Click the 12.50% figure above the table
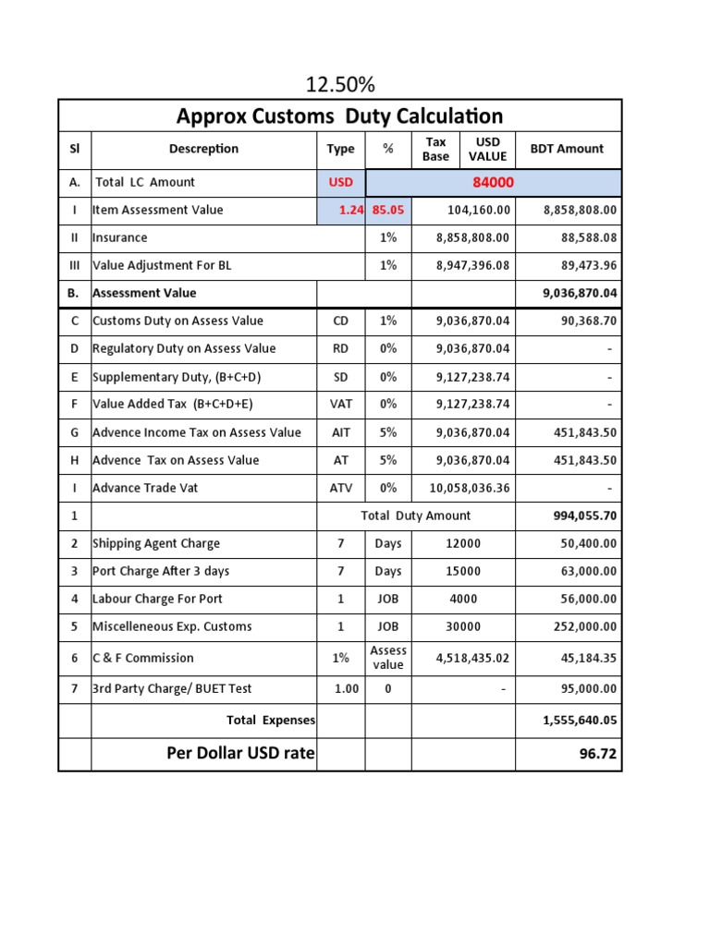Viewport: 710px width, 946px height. (340, 86)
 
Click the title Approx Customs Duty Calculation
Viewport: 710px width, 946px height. (340, 116)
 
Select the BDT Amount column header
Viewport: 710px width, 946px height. (567, 149)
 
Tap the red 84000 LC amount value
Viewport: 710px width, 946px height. (493, 183)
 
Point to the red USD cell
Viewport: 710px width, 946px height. (341, 183)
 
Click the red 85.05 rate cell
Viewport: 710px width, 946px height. (388, 211)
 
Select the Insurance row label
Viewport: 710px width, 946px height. (120, 238)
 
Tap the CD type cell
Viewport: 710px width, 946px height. (341, 321)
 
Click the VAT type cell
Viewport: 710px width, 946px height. (341, 405)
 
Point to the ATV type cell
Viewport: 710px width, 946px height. (341, 488)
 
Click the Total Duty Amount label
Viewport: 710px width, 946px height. (415, 515)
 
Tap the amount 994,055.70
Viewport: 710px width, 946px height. (584, 515)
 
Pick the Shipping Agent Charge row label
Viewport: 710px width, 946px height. (156, 543)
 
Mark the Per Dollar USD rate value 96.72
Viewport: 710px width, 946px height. (598, 754)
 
